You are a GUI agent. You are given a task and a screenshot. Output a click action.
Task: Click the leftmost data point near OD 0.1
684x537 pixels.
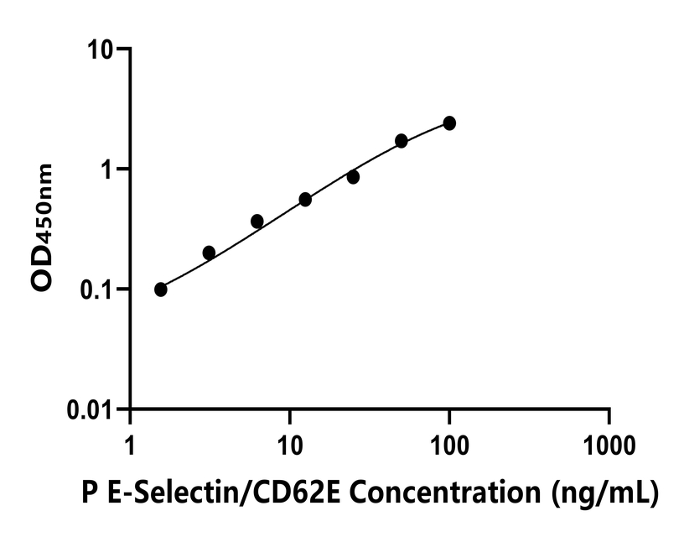point(161,289)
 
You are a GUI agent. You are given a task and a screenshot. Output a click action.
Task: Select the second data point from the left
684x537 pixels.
point(209,253)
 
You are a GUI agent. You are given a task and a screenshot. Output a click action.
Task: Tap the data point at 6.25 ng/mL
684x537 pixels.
point(257,221)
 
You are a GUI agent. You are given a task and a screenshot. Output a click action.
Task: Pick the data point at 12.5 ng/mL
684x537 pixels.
point(305,200)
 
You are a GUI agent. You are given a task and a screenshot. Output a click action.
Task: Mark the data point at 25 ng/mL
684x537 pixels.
point(353,177)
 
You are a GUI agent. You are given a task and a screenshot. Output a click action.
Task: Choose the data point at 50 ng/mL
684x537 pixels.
point(402,141)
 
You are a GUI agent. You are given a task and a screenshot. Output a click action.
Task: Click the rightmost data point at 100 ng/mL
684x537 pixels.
point(449,123)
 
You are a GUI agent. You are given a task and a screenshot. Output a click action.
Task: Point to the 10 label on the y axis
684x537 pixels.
point(102,50)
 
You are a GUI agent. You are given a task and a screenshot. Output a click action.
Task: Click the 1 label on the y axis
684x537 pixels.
point(109,169)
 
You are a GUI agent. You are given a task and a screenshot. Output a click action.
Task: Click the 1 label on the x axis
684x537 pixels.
point(130,441)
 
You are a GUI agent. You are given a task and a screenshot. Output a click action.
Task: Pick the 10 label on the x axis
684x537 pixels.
point(289,441)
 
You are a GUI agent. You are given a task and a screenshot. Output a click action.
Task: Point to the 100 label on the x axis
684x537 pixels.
point(449,441)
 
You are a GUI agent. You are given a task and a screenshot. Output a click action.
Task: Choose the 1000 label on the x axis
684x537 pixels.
point(609,441)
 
